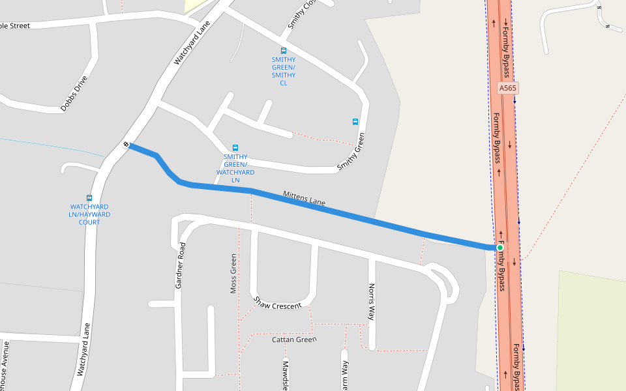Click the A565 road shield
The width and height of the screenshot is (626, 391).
point(508,88)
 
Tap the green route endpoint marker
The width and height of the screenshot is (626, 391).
point(500,248)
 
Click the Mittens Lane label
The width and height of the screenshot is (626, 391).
point(304,199)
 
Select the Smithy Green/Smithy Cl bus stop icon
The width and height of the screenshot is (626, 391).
point(284,50)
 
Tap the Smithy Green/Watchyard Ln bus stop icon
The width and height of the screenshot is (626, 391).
point(235,148)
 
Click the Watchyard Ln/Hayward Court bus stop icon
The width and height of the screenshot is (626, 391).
point(89,198)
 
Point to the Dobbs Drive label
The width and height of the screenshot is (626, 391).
point(74,94)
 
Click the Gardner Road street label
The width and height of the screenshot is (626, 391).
point(181,265)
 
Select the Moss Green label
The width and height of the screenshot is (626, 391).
point(233,274)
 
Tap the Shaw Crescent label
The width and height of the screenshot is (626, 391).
point(278,304)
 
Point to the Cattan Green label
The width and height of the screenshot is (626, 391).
point(294,340)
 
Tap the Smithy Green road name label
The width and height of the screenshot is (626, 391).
point(351,152)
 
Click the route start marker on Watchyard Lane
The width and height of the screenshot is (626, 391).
point(125,144)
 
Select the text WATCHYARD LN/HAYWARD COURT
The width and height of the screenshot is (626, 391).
point(89,214)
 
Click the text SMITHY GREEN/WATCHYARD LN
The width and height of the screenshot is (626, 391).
point(235,168)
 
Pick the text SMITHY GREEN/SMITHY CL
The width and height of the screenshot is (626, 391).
point(284,71)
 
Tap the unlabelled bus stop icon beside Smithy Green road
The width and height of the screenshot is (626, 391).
point(355,121)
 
